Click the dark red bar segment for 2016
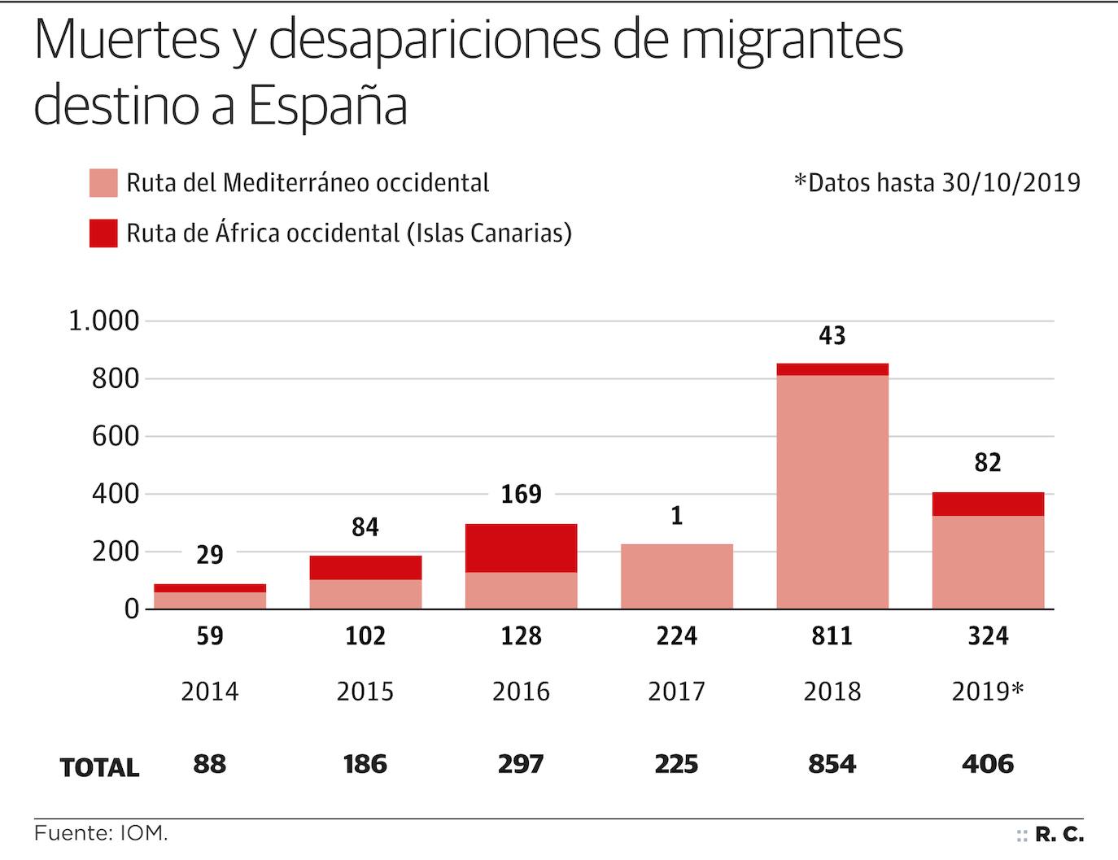[521, 548]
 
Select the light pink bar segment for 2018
[832, 491]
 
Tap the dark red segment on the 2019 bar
[988, 504]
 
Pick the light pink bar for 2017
[676, 576]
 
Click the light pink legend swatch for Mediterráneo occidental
[103, 183]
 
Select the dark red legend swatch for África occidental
[103, 234]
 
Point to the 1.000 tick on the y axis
[103, 321]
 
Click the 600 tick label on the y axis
[116, 436]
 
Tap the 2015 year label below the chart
[365, 692]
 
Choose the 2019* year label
[988, 692]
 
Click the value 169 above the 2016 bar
[521, 494]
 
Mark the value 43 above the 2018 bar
[832, 335]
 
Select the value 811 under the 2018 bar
[832, 635]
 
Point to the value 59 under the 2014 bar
[210, 635]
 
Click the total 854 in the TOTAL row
[832, 764]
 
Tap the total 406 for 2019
[988, 764]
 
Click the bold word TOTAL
[99, 767]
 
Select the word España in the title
[327, 107]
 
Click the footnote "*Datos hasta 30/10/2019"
[937, 182]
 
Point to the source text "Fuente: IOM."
[101, 834]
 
